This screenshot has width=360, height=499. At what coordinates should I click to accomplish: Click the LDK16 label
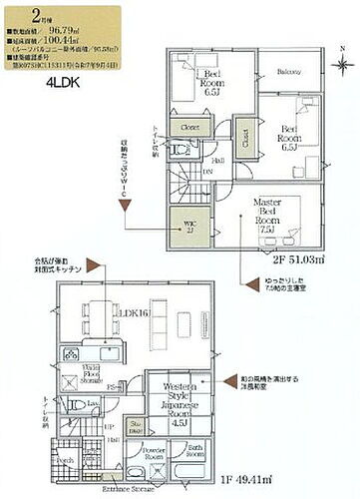click(x=133, y=313)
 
